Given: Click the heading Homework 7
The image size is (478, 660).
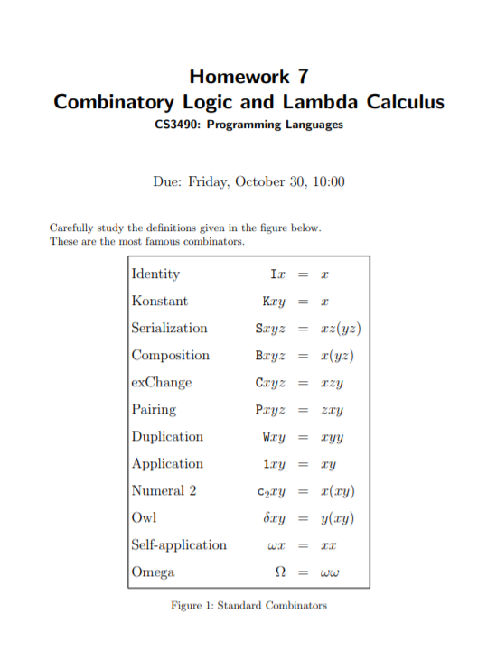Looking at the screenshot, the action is pos(248,76).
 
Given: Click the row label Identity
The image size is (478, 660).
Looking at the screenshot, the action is pos(155,274).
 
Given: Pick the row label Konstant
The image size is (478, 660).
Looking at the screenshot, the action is pos(159,301).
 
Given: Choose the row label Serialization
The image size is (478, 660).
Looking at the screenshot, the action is pos(169,328).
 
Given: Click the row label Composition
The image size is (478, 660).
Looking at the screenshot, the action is pos(170,355).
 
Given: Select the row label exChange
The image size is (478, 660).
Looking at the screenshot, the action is pos(162,382).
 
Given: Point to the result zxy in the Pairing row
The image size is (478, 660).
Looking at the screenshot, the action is pos(332,410).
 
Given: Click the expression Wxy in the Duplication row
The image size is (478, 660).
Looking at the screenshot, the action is pos(274,437).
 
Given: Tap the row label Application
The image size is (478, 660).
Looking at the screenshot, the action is pos(167,463).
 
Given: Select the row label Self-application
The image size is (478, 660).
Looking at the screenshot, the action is pos(179,544).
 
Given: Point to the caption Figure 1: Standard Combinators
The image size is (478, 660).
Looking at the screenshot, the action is pos(248,605).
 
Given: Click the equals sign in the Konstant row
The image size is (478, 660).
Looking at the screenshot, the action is pos(305,302).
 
